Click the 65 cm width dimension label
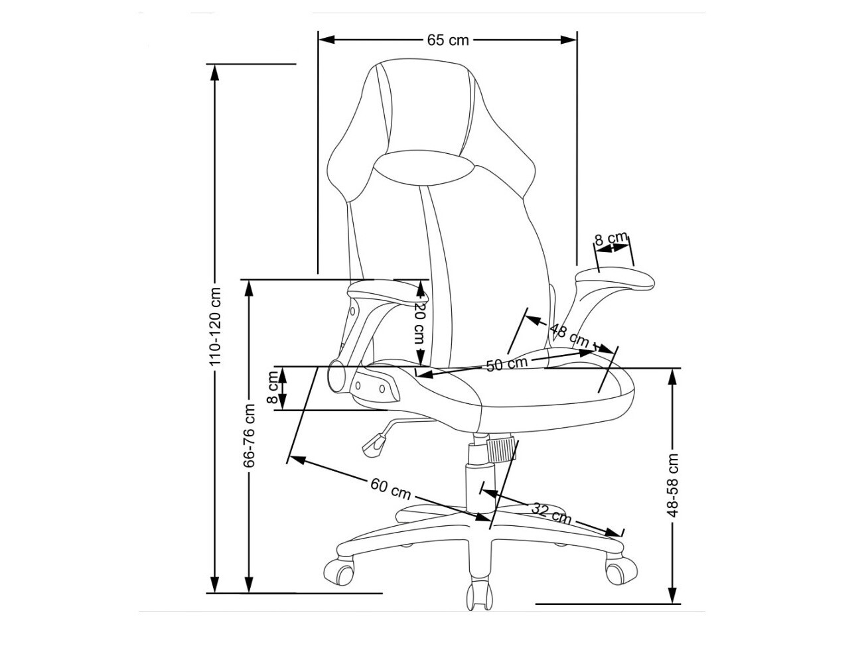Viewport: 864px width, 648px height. pyautogui.click(x=447, y=40)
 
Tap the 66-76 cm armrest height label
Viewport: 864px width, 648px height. pyautogui.click(x=250, y=435)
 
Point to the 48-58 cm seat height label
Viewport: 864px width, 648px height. pyautogui.click(x=674, y=484)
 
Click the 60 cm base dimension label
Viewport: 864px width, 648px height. pyautogui.click(x=390, y=489)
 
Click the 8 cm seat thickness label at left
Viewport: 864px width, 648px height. pyautogui.click(x=273, y=389)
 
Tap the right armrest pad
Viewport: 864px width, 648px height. pyautogui.click(x=614, y=278)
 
